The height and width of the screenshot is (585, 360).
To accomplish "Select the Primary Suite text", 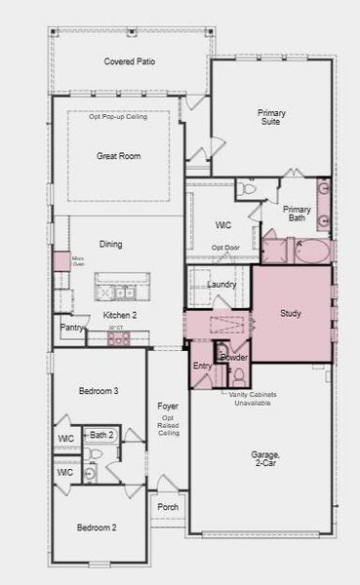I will [271, 118].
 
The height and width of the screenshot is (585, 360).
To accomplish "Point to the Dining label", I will [110, 244].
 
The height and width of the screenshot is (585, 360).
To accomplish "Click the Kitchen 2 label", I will [120, 316].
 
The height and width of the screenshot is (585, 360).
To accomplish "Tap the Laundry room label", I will [222, 285].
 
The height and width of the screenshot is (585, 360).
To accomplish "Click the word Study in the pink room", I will [290, 314].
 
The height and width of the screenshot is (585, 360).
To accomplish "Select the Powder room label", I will [234, 357].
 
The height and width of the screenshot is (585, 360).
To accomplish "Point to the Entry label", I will [202, 366].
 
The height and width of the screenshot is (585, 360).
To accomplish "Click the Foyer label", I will [167, 407].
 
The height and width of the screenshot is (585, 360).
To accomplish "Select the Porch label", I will [168, 507].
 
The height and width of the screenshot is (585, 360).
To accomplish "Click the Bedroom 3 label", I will [99, 391].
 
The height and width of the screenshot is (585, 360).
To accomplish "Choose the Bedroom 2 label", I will [98, 527].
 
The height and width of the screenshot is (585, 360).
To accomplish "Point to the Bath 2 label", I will [101, 434].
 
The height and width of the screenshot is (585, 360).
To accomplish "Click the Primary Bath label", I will [297, 214].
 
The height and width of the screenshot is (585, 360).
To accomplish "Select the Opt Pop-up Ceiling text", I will [118, 117].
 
